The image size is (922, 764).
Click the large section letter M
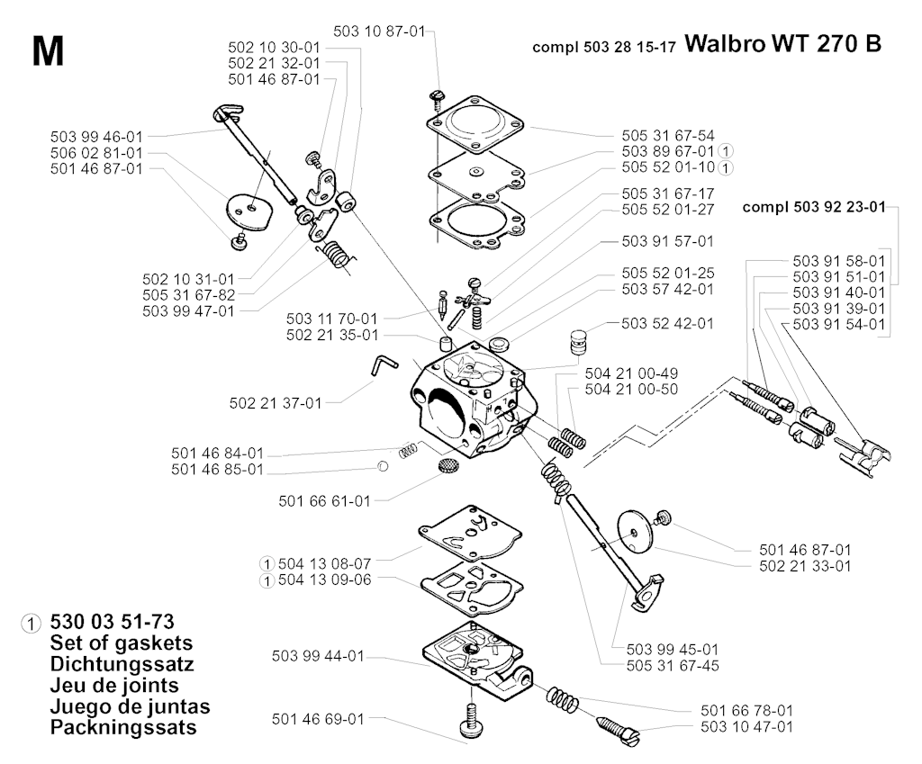pyautogui.click(x=47, y=51)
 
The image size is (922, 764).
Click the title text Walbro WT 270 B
pyautogui.click(x=782, y=44)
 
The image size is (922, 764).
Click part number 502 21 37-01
pyautogui.click(x=275, y=402)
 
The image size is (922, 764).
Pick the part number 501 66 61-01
pyautogui.click(x=325, y=500)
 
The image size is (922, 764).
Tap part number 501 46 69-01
pyautogui.click(x=317, y=719)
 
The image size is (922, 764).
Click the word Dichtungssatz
pyautogui.click(x=122, y=664)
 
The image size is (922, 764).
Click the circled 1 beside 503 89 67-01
pyautogui.click(x=726, y=151)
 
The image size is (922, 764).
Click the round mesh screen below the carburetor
pyautogui.click(x=447, y=466)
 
